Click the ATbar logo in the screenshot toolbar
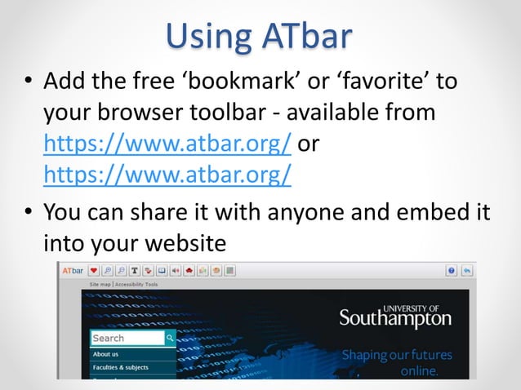click(73, 270)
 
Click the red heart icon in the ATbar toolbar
click(95, 270)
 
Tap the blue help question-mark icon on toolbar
click(452, 270)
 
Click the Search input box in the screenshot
click(127, 338)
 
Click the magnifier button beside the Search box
click(170, 338)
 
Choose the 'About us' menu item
click(106, 354)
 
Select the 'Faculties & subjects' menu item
click(121, 368)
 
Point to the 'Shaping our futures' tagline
click(396, 356)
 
